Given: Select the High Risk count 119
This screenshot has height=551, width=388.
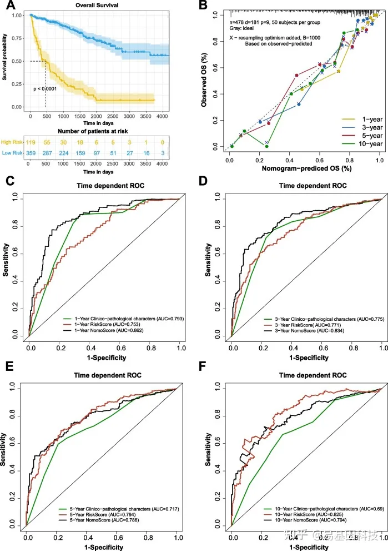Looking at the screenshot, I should coord(31,143).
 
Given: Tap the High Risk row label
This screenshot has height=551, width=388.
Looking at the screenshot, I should coord(12,143).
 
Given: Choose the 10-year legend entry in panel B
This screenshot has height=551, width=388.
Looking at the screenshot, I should coord(361,144).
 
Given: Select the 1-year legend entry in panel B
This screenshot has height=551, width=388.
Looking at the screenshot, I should coord(361,119).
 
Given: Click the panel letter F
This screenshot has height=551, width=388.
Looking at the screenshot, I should coord(204,368).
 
